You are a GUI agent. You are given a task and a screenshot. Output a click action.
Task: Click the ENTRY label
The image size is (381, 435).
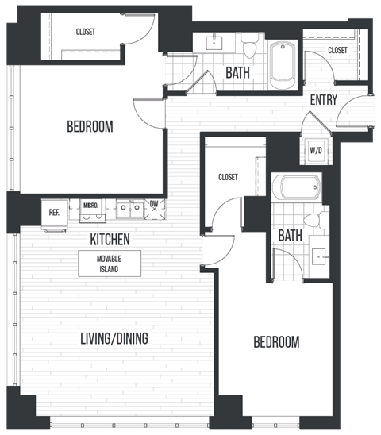[x=324, y=100]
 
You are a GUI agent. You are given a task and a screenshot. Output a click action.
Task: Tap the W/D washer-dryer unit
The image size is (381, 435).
[x=314, y=150]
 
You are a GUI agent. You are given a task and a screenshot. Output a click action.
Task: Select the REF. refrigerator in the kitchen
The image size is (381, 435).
[x=54, y=213]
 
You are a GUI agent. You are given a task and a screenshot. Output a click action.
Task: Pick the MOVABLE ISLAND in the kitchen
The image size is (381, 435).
[x=109, y=264]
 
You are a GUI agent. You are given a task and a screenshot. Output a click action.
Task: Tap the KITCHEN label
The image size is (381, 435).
[x=110, y=239]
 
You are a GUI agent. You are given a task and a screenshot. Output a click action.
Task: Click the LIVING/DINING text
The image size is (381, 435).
[x=114, y=339]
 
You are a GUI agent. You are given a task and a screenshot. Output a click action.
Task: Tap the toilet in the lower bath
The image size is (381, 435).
[x=315, y=220]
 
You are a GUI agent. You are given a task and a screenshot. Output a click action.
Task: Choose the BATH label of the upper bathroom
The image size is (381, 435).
[x=238, y=73]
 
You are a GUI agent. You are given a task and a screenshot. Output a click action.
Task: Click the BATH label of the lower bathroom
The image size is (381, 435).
[x=290, y=235]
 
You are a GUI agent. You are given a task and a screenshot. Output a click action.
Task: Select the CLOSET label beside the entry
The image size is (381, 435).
[x=337, y=50]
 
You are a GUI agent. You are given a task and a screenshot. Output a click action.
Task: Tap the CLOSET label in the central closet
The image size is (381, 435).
[x=228, y=177]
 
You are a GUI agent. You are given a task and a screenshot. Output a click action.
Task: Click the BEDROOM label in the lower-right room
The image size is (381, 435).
[x=276, y=342]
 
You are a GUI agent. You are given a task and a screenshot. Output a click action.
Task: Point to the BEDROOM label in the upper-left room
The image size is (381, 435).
[x=89, y=126]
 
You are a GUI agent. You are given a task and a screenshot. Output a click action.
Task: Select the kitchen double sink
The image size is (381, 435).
[x=127, y=209]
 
